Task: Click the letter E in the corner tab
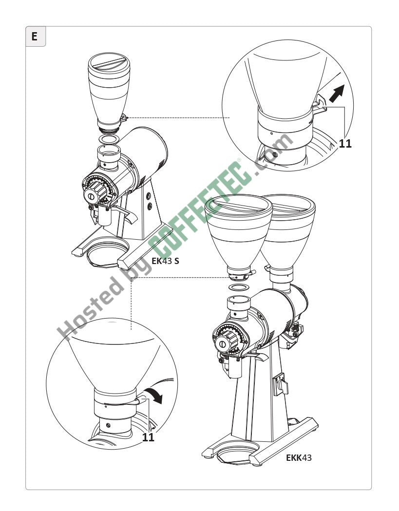click(35, 36)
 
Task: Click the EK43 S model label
click(165, 261)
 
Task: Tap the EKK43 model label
click(299, 457)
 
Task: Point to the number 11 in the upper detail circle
click(345, 143)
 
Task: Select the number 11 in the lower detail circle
click(148, 437)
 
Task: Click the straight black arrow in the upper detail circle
click(337, 93)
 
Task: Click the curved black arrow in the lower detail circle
click(154, 395)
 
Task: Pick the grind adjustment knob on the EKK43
click(226, 341)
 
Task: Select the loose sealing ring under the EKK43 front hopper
click(239, 287)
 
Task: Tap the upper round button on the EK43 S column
click(149, 196)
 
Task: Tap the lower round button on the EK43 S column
click(150, 206)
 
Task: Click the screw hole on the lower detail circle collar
click(108, 425)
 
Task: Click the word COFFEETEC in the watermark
click(199, 209)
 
